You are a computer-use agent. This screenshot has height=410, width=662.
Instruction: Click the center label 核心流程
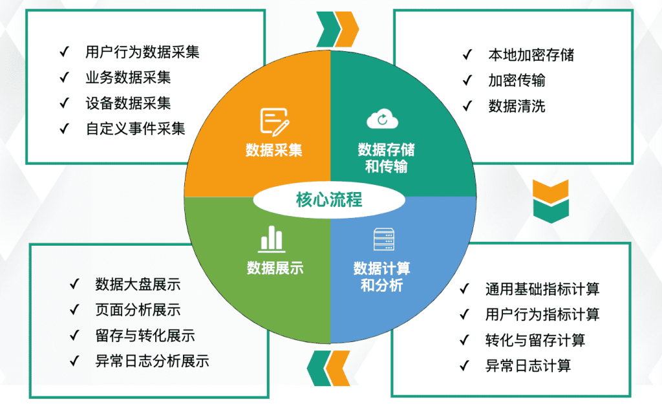(329, 199)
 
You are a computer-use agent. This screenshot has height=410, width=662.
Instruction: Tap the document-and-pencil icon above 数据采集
(274, 122)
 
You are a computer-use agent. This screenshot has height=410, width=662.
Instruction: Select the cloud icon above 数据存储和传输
(382, 119)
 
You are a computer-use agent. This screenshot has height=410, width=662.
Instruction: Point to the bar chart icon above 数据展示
(272, 239)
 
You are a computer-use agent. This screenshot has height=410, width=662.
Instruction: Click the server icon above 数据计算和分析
(384, 239)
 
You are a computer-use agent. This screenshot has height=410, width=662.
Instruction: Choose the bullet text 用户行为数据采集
(142, 52)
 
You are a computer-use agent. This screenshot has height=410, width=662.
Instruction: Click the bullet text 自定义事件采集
(136, 129)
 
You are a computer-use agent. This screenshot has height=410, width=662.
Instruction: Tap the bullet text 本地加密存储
(531, 55)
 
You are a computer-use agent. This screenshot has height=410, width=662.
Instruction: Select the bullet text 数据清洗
(517, 106)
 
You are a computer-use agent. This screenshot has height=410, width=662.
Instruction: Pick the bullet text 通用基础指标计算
(542, 289)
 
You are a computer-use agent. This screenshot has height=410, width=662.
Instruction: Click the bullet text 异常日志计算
(528, 365)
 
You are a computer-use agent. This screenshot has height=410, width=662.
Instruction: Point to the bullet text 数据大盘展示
(138, 285)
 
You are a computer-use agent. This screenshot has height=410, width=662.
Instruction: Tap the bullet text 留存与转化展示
(145, 336)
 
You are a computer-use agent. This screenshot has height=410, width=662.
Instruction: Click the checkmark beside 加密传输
(467, 80)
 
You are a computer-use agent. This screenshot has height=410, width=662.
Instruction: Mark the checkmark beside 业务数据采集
(65, 77)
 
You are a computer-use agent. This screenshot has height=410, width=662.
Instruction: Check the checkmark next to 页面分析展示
(74, 310)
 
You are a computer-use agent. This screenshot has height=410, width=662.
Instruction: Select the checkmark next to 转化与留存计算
(464, 340)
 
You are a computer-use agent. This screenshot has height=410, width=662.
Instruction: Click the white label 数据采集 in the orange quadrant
(274, 150)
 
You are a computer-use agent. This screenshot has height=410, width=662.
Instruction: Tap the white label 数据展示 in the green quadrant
(275, 268)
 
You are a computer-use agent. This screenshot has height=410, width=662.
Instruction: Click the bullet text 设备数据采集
(129, 103)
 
